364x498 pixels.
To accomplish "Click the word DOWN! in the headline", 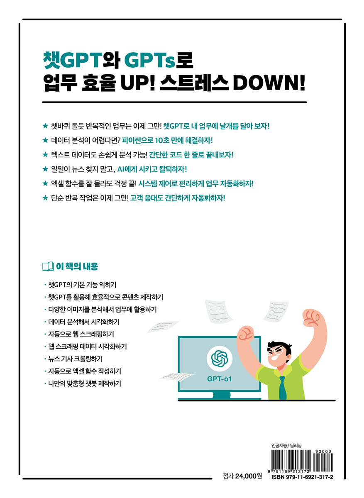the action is coord(269,83).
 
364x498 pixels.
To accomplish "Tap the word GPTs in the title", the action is coord(150,60).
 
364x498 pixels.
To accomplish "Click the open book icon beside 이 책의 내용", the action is coord(48,266).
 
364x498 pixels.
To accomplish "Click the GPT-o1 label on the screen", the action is coord(219,378).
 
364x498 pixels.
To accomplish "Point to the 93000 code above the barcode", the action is coord(323,452).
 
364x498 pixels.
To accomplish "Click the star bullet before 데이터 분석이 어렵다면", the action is coord(45,140).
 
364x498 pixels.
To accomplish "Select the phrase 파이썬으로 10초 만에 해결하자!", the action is coord(167,141).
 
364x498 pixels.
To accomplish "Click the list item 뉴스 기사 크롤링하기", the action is coord(76,359).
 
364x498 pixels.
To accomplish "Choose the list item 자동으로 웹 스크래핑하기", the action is coord(81,334).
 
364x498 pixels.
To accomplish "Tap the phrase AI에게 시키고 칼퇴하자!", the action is coord(152,169).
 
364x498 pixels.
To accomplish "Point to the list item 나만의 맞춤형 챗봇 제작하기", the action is coord(85,384).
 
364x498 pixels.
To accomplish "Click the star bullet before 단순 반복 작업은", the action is coord(45,198).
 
